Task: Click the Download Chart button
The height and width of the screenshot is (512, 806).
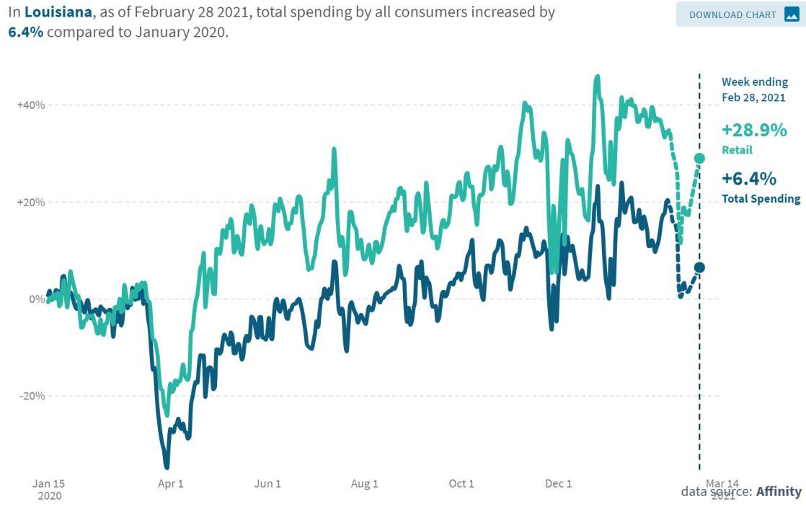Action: click(x=740, y=14)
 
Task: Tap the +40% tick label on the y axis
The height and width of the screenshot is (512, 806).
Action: click(x=31, y=105)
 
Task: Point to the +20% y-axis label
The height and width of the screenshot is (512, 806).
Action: click(x=31, y=203)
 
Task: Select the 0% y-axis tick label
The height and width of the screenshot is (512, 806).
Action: click(x=35, y=299)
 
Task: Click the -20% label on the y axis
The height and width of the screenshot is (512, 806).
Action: click(x=32, y=396)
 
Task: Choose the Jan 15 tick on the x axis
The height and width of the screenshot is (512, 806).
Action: click(x=49, y=484)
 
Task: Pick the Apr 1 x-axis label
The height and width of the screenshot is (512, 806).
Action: click(x=170, y=484)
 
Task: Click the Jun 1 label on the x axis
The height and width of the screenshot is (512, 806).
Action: click(x=267, y=484)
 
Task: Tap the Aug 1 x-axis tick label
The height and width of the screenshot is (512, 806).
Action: click(x=364, y=484)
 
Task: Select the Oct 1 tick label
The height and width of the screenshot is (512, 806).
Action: click(x=461, y=484)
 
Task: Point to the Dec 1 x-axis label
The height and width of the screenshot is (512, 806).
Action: click(x=559, y=484)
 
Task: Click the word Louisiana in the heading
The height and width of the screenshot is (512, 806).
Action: click(x=58, y=13)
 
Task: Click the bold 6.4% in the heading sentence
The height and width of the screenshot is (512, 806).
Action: click(x=26, y=33)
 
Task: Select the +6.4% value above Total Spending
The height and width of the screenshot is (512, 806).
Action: click(x=749, y=179)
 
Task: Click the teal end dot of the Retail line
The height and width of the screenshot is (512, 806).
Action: click(x=699, y=158)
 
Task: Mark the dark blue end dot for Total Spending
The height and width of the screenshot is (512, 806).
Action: click(x=699, y=268)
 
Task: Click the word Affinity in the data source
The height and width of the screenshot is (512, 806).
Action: click(x=779, y=491)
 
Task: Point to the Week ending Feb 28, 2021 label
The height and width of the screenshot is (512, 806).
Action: click(x=754, y=89)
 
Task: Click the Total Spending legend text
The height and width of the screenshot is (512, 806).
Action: click(x=761, y=199)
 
